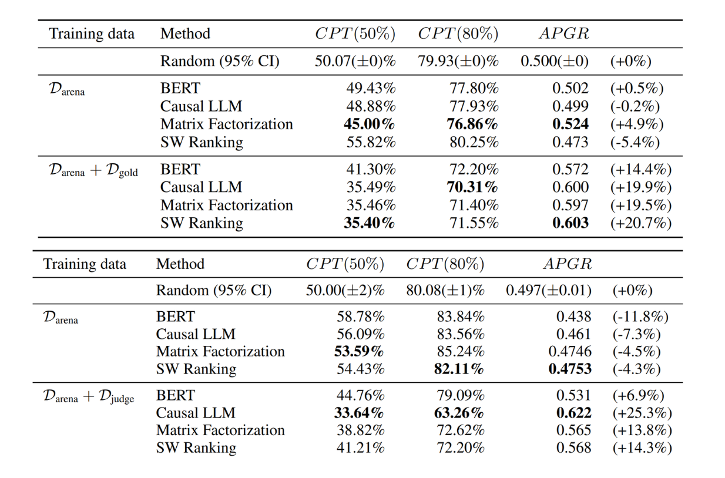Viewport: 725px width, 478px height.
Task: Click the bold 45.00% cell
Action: [369, 124]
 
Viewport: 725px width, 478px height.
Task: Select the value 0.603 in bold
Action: [570, 223]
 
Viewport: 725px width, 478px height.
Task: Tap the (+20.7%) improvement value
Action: [640, 223]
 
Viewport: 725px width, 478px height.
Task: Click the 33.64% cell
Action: [358, 413]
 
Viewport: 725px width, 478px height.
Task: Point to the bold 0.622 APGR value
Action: [573, 413]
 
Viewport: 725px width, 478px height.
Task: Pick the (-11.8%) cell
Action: [640, 317]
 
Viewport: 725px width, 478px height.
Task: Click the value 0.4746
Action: [570, 352]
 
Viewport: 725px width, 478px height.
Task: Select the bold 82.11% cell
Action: [459, 369]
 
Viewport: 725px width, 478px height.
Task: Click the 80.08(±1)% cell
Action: [445, 291]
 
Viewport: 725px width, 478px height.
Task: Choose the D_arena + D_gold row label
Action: [93, 170]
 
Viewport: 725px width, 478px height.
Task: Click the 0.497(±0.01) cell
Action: [549, 291]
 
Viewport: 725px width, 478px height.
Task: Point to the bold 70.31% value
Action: [473, 187]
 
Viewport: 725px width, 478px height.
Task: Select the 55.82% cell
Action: [371, 142]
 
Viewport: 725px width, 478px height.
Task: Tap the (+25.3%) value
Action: [642, 413]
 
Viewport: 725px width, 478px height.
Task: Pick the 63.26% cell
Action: [459, 413]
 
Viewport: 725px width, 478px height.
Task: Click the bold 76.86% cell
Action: [473, 124]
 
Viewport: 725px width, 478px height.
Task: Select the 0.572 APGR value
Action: [570, 170]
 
